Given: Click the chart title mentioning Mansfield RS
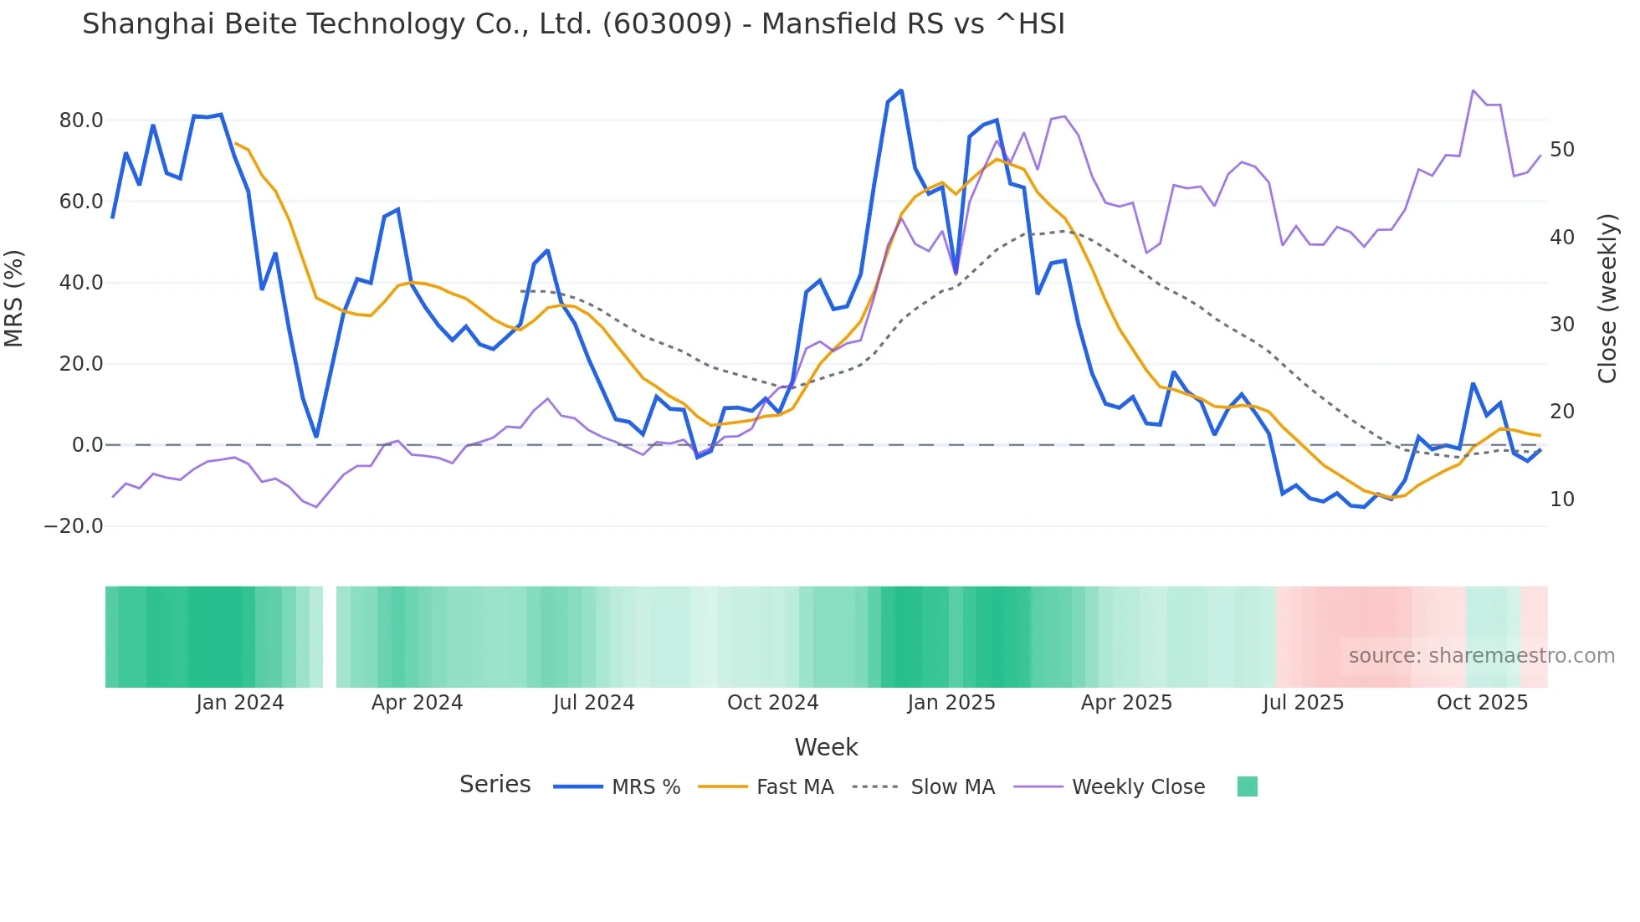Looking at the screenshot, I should (x=573, y=24).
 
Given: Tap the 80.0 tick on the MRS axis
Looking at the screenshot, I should (x=81, y=120).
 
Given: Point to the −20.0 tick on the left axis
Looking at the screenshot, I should (x=74, y=526).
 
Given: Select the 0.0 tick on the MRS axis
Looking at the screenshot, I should (x=87, y=445).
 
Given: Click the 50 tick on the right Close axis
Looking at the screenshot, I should (x=1561, y=150).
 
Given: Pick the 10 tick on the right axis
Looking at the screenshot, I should (x=1561, y=499).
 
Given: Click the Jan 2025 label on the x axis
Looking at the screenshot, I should (x=951, y=703).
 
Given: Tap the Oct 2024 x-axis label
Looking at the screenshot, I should (x=772, y=703).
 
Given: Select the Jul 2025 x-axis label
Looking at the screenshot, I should (x=1303, y=703).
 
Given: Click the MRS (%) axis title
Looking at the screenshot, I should (x=14, y=299).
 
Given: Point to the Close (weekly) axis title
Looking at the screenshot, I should (x=1607, y=299).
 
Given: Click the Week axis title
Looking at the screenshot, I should (x=826, y=747).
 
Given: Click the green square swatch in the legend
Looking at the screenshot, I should (x=1247, y=786).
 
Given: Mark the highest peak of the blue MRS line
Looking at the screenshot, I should (x=901, y=90).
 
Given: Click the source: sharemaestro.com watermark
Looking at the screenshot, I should (x=1481, y=656).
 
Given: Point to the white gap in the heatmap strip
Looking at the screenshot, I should (x=330, y=637).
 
